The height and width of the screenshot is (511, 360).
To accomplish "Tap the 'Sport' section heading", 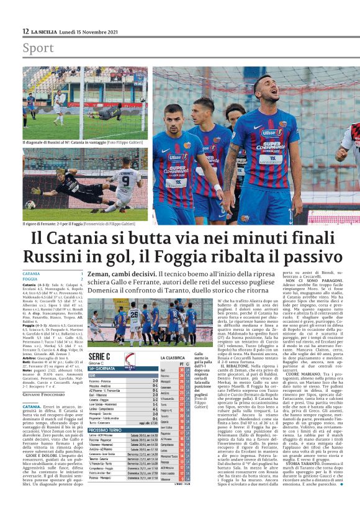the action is pos(38,48).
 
